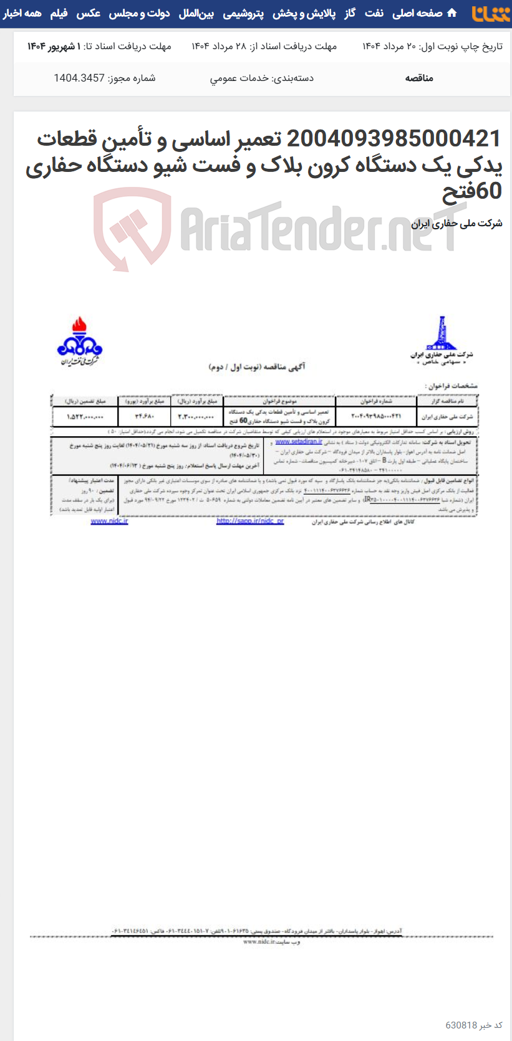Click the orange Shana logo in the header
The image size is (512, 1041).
point(491,14)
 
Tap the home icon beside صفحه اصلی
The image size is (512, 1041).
point(452,13)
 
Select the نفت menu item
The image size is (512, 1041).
point(374,13)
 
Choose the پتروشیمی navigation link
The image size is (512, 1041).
point(243,13)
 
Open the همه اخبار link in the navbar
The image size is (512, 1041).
point(22,13)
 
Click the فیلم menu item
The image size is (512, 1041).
point(59,13)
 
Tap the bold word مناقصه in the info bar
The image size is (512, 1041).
point(419,78)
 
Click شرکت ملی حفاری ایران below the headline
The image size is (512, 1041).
point(456,223)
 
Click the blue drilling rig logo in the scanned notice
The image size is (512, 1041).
point(441,334)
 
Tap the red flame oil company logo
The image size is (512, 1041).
point(79,340)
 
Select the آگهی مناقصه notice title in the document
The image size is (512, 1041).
point(257,367)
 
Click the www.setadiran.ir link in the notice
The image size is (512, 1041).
point(299,442)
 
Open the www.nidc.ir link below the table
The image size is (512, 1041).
point(109,521)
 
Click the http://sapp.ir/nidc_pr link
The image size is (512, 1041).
point(249,521)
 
